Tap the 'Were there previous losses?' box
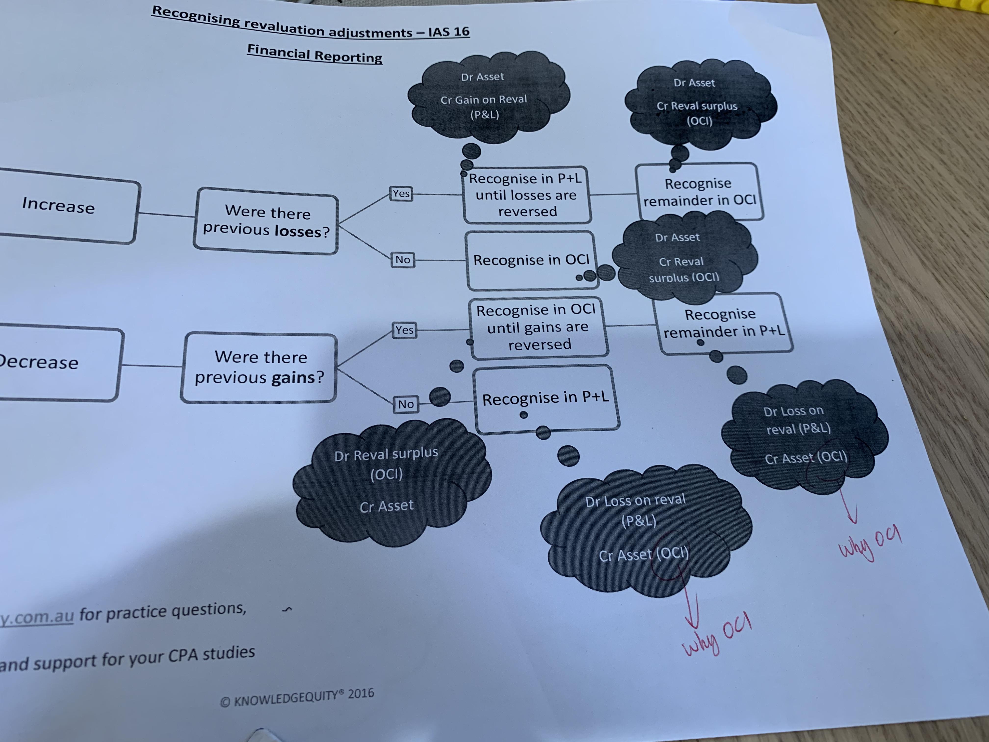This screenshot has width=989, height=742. [266, 221]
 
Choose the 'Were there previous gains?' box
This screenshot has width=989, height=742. [259, 368]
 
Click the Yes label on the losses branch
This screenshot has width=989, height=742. [401, 194]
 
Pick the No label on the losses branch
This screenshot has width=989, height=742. [403, 260]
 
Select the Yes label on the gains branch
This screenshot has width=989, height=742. [404, 330]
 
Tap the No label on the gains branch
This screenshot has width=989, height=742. [405, 404]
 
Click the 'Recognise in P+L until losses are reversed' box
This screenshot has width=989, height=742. [526, 195]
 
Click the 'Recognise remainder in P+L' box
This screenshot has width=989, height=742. [723, 323]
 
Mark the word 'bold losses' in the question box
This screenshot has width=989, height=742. [297, 231]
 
